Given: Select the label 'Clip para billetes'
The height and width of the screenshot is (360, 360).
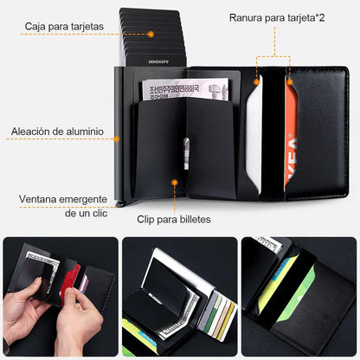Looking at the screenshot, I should (174, 219).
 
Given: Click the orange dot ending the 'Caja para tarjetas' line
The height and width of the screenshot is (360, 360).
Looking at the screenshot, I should (151, 34).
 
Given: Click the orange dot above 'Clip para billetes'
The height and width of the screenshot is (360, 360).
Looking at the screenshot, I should (174, 183).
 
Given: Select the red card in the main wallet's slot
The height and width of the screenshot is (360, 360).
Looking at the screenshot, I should (291, 130).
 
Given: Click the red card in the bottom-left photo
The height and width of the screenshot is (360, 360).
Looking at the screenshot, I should (71, 277).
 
